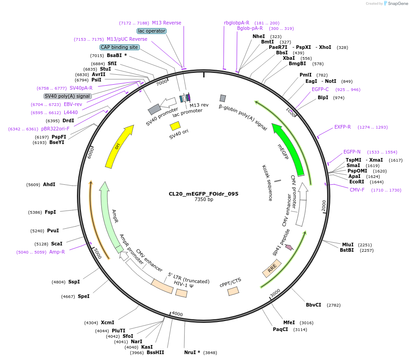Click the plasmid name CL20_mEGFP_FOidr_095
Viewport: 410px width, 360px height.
[x=204, y=194]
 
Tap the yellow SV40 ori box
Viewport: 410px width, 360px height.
[x=175, y=125]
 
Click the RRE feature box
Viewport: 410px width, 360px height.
[x=272, y=269]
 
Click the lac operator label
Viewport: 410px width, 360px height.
[x=152, y=31]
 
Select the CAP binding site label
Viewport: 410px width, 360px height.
[x=119, y=47]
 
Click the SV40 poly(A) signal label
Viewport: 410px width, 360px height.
[x=67, y=96]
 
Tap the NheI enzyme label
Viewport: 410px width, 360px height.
[x=258, y=36]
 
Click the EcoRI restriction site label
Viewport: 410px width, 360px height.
[x=357, y=182]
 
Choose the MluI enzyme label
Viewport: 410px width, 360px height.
[x=348, y=245]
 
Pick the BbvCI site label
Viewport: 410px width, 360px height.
[x=313, y=305]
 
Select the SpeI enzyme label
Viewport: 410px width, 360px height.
[x=83, y=296]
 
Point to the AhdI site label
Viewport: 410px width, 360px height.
[x=49, y=184]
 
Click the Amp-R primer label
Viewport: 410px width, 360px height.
[x=57, y=252]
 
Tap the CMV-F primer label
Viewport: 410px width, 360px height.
[x=357, y=190]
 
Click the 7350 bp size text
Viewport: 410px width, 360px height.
[x=204, y=200]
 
